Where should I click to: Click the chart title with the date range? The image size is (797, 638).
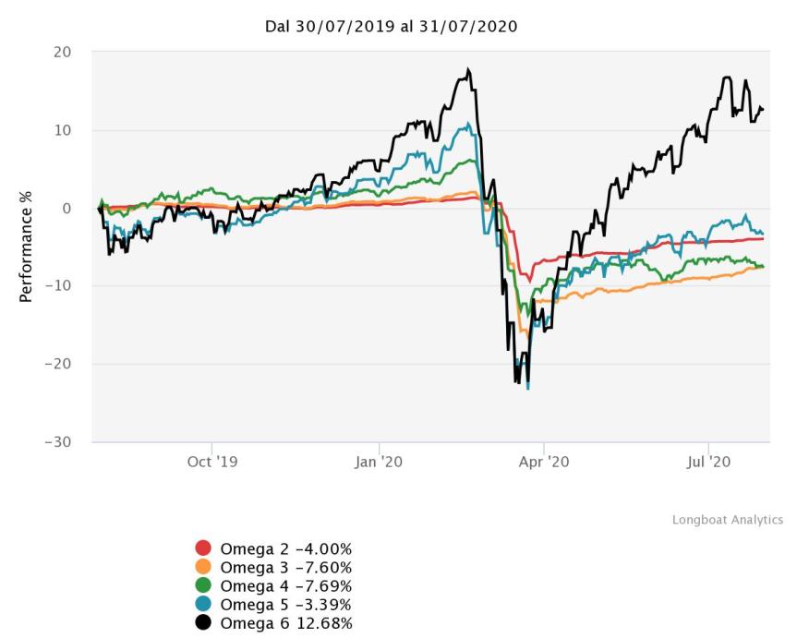(391, 27)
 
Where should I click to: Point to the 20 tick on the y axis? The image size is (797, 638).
(63, 53)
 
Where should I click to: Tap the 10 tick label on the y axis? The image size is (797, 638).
(63, 130)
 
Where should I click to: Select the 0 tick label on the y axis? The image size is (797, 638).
(67, 209)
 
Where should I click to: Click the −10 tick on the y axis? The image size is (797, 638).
(59, 286)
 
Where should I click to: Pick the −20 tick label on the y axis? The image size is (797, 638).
(59, 364)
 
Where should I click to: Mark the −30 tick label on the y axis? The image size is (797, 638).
(59, 441)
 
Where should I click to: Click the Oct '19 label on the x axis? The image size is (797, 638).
(212, 461)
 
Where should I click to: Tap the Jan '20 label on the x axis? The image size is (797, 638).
(379, 461)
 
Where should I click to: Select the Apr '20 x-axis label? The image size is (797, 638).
(544, 461)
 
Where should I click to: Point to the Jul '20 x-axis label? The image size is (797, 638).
(708, 461)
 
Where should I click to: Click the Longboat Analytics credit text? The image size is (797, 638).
(727, 521)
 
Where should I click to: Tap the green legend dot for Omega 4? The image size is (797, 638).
(204, 586)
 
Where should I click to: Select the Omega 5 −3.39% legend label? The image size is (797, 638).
(285, 605)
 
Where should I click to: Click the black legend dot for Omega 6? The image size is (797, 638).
(204, 623)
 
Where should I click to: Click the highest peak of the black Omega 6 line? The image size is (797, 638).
(469, 69)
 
